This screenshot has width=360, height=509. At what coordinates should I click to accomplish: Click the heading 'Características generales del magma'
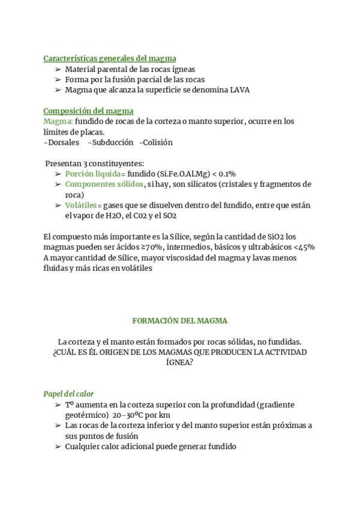[x=110, y=58]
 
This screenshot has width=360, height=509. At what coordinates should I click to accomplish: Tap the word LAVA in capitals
[x=239, y=90]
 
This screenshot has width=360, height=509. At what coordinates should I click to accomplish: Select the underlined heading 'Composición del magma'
[x=88, y=110]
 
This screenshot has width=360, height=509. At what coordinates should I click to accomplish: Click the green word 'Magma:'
[x=58, y=121]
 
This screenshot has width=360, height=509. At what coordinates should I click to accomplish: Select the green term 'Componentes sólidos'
[x=104, y=184]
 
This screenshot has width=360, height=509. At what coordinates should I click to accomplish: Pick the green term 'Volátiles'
[x=80, y=205]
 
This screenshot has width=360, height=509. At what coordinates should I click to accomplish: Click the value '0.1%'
[x=226, y=173]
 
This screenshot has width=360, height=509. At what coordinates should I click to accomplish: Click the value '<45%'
[x=304, y=247]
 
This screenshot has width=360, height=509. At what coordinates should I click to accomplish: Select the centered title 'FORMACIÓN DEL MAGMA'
[x=180, y=321]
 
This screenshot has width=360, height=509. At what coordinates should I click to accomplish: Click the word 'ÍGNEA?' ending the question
[x=180, y=363]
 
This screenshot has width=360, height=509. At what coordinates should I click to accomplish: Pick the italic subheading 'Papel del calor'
[x=68, y=394]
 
